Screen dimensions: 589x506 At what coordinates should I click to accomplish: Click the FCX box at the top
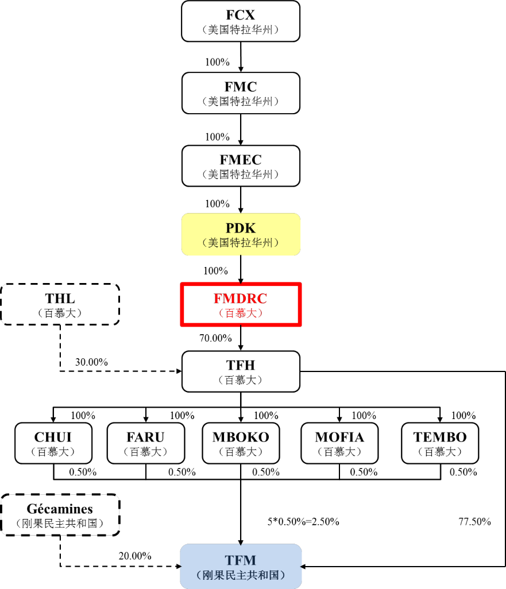(241, 21)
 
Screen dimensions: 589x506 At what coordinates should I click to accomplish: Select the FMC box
(241, 93)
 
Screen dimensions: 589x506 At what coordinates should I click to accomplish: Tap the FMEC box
(241, 165)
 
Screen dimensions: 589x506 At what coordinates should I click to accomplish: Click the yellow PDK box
(241, 234)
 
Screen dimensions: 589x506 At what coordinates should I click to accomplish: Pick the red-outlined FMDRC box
(241, 304)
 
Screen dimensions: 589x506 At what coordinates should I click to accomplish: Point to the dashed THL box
(60, 304)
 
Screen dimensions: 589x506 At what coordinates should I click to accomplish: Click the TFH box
(241, 371)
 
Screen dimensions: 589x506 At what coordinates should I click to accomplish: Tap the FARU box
(146, 443)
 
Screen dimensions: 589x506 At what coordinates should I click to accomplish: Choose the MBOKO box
(241, 443)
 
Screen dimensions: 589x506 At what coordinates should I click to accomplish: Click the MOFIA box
(339, 443)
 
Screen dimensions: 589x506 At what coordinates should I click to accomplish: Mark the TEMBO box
(440, 443)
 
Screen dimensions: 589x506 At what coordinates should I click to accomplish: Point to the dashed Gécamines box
(60, 515)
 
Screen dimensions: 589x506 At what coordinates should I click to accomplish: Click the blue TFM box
(241, 566)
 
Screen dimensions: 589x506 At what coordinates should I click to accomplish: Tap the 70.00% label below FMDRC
(215, 339)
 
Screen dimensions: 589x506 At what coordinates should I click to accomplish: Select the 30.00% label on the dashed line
(91, 362)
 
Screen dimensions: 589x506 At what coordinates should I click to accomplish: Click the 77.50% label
(474, 522)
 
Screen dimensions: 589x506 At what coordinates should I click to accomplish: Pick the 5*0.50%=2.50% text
(303, 522)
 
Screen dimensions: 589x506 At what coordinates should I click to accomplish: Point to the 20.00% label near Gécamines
(135, 556)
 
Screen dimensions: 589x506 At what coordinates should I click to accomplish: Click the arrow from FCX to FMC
(241, 57)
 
